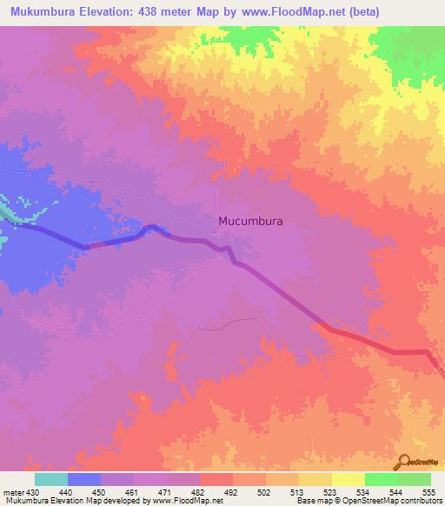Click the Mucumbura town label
tap(250, 221)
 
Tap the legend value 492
tap(232, 491)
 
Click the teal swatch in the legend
tap(51, 479)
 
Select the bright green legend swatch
tap(382, 479)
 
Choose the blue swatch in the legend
tap(84, 479)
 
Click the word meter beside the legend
tap(12, 491)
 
